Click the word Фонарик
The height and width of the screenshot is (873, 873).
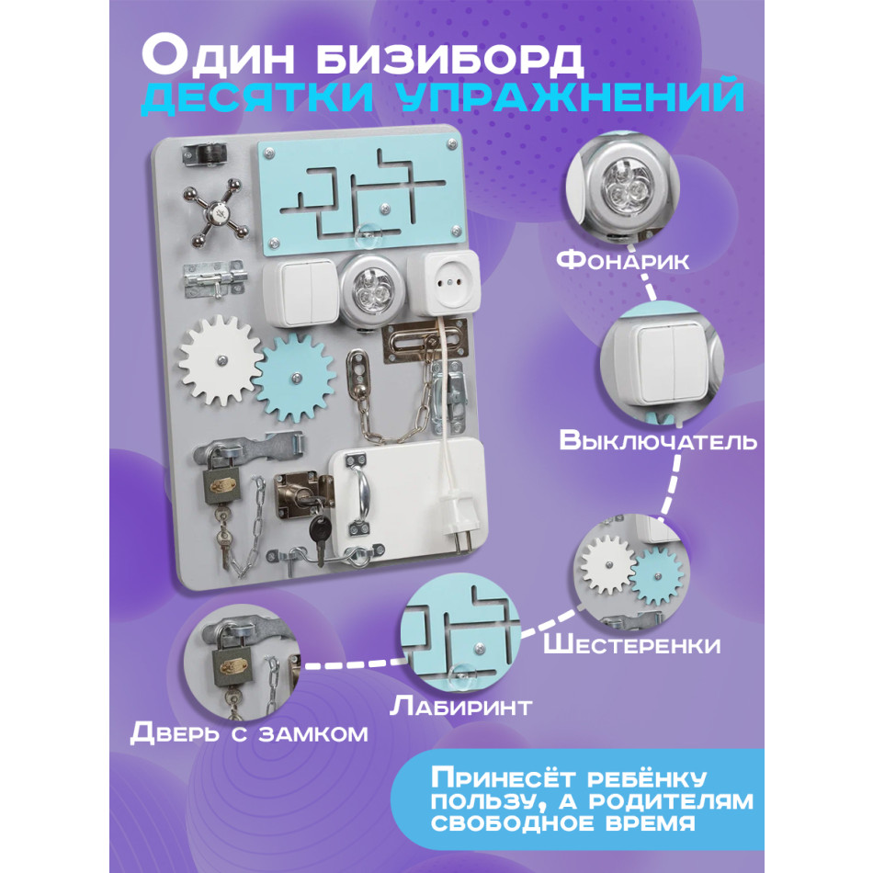623,260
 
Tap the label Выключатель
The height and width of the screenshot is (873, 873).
658,440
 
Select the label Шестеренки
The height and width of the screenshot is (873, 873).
632,644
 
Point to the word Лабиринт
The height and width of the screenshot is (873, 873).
461,706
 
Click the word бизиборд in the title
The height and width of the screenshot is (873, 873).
449,56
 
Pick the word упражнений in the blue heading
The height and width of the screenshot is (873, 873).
572,96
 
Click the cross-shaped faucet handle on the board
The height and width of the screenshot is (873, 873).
216,212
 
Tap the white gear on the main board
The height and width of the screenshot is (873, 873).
221,359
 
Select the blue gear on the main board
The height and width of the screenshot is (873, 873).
295,378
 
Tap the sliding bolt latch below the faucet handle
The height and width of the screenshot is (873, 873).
213,280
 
